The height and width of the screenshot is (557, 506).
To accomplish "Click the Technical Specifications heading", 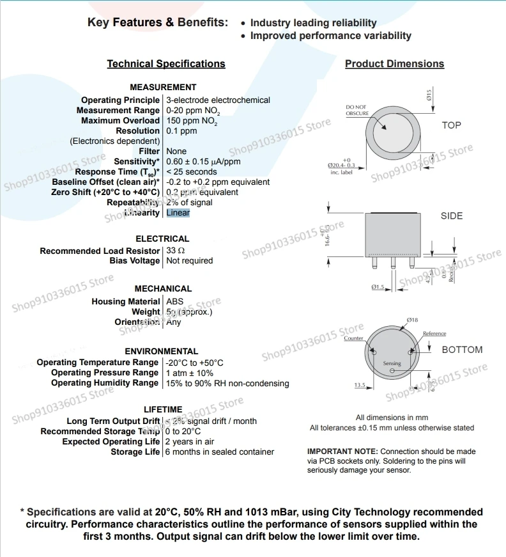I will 166,64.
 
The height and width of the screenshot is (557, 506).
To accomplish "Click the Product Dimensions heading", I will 394,64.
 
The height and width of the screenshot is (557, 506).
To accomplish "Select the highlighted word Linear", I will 178,212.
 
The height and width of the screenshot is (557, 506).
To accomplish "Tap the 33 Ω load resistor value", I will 176,251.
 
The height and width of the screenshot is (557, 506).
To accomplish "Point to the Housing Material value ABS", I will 174,301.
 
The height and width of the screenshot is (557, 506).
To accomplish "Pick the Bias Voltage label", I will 135,261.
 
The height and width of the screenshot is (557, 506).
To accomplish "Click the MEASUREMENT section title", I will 163,87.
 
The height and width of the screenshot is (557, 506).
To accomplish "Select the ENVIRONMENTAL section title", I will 162,351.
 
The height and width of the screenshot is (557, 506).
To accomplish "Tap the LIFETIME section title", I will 163,409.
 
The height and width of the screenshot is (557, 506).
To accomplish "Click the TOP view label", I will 451,125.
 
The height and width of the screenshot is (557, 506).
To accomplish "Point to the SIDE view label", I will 452,216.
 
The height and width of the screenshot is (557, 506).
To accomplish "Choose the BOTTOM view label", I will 462,350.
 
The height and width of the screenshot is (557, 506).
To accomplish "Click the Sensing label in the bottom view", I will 392,364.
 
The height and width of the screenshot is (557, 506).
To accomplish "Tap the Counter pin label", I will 353,338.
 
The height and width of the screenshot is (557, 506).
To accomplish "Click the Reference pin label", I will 434,334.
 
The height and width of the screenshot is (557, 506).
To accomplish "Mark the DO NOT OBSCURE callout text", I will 357,110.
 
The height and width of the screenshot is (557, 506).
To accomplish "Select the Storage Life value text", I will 220,452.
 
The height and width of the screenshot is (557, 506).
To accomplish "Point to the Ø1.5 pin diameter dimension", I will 377,288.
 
